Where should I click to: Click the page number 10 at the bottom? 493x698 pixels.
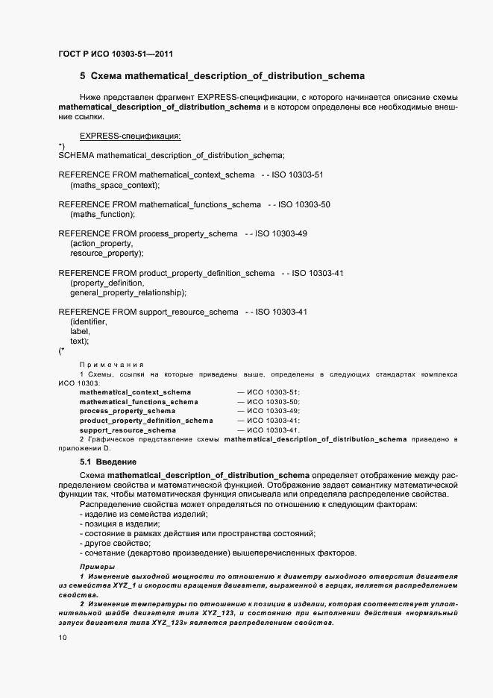coord(63,638)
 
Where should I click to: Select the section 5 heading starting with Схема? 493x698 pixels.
coord(222,76)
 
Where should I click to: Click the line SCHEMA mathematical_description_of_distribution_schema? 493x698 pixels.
coord(171,155)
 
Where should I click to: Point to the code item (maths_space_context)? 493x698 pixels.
coord(115,184)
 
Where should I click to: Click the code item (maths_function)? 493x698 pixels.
coord(102,214)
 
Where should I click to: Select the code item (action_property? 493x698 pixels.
coord(101,243)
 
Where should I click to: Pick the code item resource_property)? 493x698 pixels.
coord(106,254)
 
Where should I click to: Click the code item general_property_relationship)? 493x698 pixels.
coord(128,293)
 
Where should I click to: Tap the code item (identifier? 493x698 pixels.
coord(89,321)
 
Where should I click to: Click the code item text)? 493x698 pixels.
coord(80,341)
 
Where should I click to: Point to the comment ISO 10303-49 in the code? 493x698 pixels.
coord(281,233)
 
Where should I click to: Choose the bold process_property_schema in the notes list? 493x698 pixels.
coord(128,411)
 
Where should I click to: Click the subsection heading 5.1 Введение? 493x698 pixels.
coord(103,462)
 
